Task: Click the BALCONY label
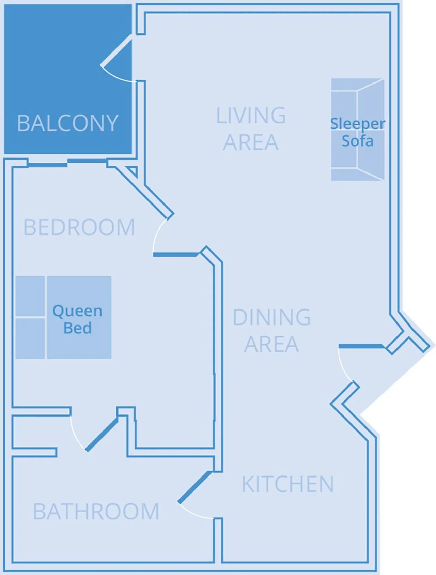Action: tap(67, 123)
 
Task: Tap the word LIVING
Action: tap(251, 116)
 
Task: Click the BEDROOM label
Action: tap(79, 227)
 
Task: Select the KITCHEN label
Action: tap(288, 484)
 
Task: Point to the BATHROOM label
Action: tap(96, 511)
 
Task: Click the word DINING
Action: tap(271, 317)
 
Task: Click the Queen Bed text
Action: tap(77, 319)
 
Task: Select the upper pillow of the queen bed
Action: tap(30, 296)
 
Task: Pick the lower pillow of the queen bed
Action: tap(30, 338)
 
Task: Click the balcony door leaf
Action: tap(116, 50)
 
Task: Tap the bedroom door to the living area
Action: tap(175, 254)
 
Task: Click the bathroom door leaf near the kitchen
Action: tap(195, 487)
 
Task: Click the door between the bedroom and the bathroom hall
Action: tap(102, 434)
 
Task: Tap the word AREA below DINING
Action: tap(271, 344)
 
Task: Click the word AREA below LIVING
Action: tap(251, 142)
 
